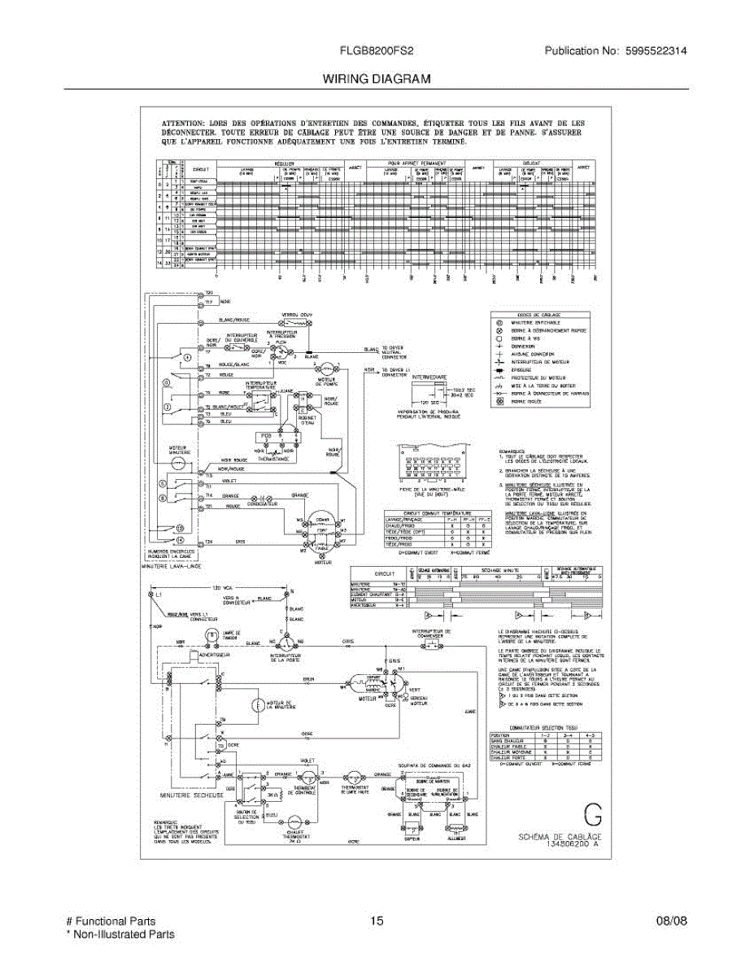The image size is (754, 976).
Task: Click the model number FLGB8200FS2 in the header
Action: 377,50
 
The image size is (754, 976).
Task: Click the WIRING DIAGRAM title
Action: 377,79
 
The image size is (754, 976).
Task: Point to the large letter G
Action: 594,816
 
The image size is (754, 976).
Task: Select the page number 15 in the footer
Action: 376,922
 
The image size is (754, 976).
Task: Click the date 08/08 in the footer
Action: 671,922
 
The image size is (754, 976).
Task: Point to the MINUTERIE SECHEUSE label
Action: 192,795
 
